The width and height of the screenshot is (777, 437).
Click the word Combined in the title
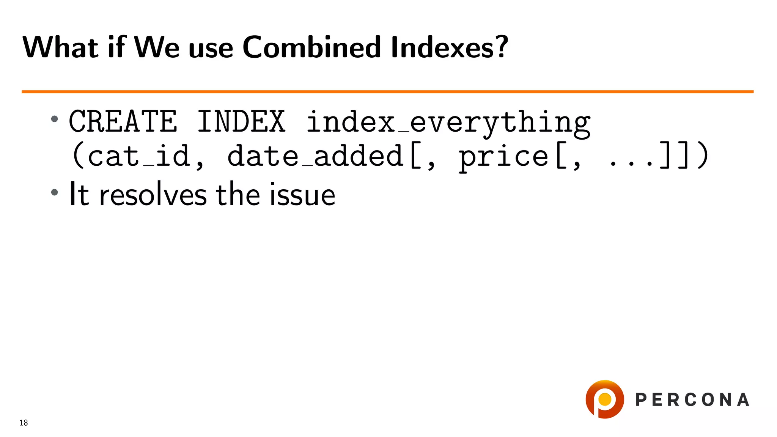tap(311, 47)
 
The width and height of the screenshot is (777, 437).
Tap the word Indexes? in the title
tap(449, 47)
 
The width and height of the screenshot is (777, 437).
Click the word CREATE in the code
tap(123, 121)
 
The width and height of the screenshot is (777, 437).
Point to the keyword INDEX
tap(241, 121)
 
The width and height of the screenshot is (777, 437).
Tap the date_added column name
tap(315, 156)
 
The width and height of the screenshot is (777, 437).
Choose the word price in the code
tap(503, 157)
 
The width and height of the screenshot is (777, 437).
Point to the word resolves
tap(153, 195)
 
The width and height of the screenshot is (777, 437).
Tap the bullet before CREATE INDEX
tap(55, 119)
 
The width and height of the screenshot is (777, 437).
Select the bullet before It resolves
tap(55, 192)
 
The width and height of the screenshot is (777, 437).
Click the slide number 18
tap(24, 423)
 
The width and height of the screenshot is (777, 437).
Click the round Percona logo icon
tap(604, 399)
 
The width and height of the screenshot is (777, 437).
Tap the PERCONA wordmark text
tap(692, 400)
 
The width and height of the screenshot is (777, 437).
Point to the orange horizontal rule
tap(387, 91)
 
